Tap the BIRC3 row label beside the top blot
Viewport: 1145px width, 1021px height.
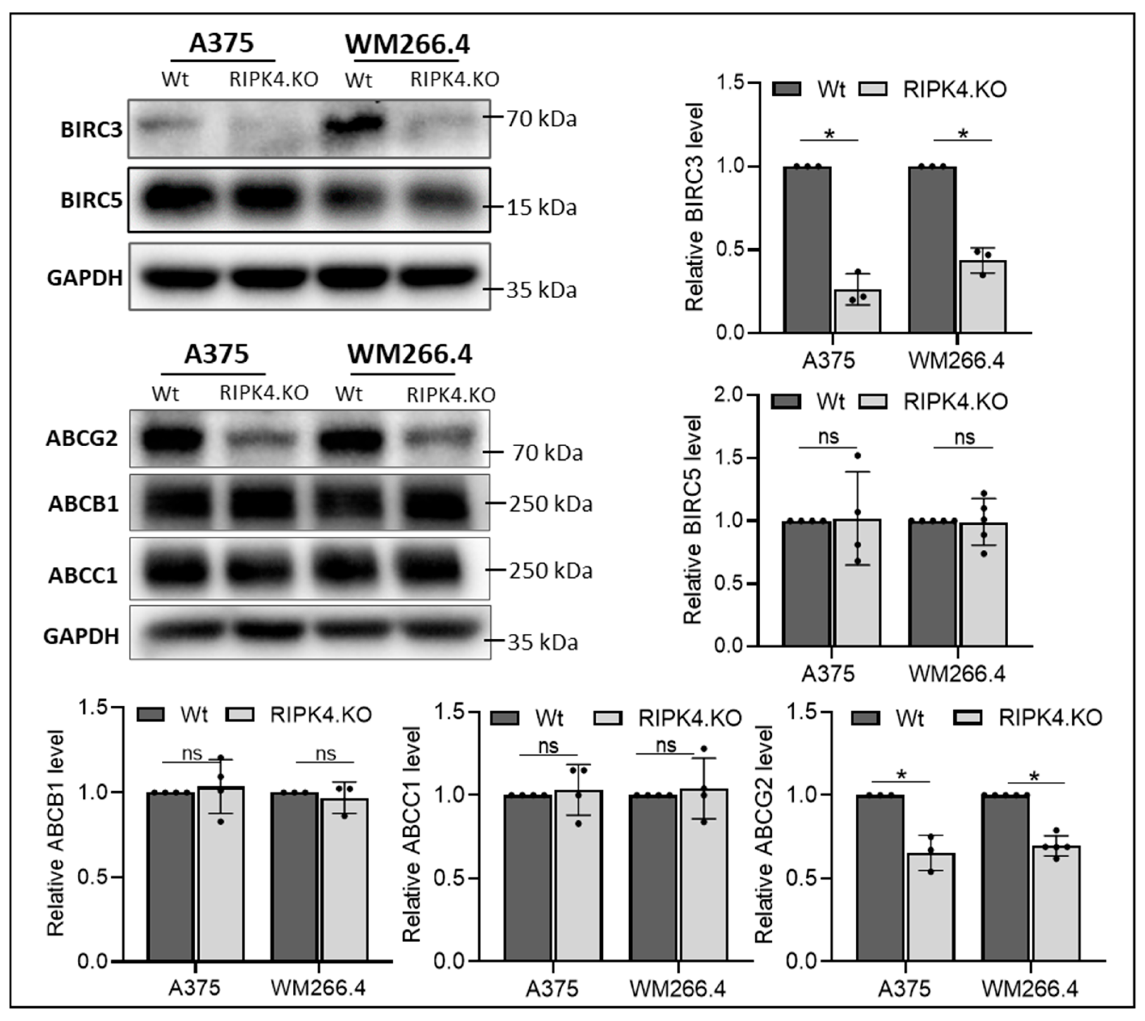pyautogui.click(x=92, y=129)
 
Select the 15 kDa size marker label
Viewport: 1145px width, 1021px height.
pyautogui.click(x=541, y=207)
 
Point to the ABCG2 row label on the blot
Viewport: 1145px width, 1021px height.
pyautogui.click(x=82, y=438)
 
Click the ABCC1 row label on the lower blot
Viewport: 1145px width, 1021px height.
pyautogui.click(x=83, y=575)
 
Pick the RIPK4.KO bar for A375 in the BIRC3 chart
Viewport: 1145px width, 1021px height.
pyautogui.click(x=857, y=311)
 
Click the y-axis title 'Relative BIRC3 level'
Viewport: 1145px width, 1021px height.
pyautogui.click(x=694, y=207)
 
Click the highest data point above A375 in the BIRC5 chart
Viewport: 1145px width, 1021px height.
pyautogui.click(x=857, y=455)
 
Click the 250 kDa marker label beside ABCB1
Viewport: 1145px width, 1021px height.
pyautogui.click(x=550, y=504)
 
